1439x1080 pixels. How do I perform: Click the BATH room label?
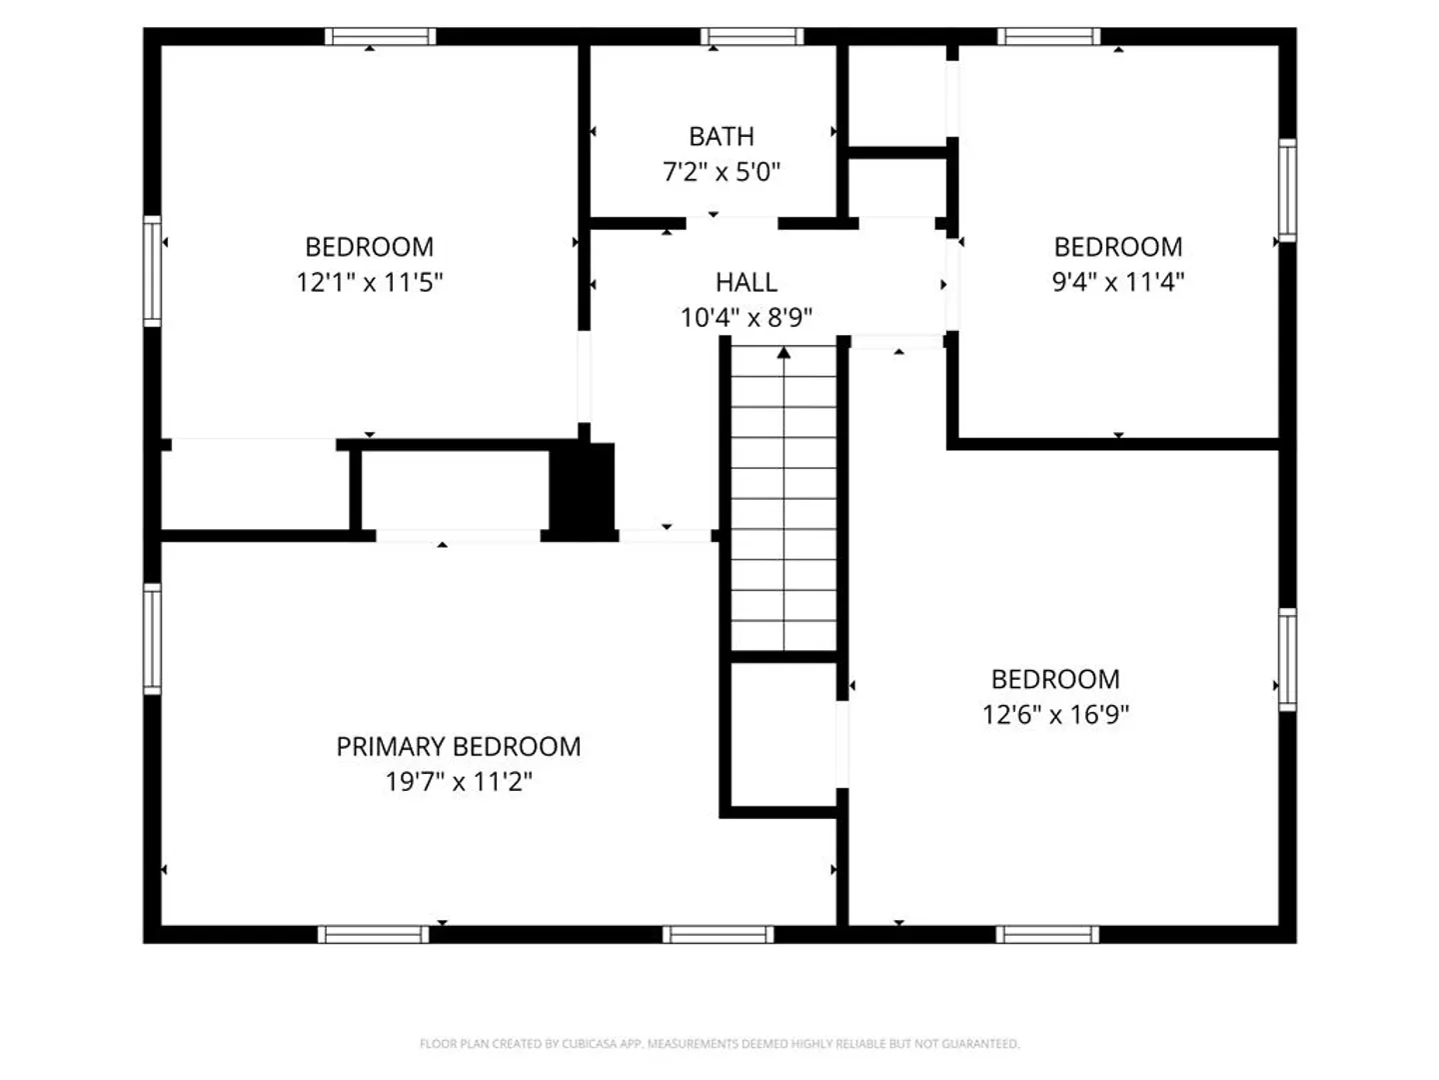pyautogui.click(x=721, y=136)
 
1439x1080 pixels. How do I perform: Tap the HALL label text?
pyautogui.click(x=746, y=283)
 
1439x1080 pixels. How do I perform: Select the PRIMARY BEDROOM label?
pyautogui.click(x=459, y=746)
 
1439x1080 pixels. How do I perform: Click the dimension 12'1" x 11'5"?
pyautogui.click(x=370, y=283)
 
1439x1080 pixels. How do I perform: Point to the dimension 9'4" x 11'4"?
pyautogui.click(x=1118, y=282)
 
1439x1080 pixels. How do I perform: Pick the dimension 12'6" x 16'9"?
pyautogui.click(x=1055, y=714)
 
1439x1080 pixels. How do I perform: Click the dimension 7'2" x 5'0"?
pyautogui.click(x=721, y=172)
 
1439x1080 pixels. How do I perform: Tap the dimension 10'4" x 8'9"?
pyautogui.click(x=746, y=318)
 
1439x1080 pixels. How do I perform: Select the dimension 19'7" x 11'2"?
pyautogui.click(x=459, y=782)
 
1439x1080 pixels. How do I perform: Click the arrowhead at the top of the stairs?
pyautogui.click(x=783, y=353)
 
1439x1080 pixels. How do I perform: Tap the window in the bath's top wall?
pyautogui.click(x=751, y=36)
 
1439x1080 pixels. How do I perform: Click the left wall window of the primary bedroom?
pyautogui.click(x=152, y=639)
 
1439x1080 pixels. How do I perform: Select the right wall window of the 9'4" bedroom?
pyautogui.click(x=1287, y=190)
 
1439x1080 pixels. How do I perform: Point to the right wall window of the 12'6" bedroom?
pyautogui.click(x=1287, y=660)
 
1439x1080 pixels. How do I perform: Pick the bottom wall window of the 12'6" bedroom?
pyautogui.click(x=1047, y=934)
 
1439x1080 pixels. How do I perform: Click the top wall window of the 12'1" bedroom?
pyautogui.click(x=381, y=36)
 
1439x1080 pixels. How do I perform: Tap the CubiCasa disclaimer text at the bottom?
pyautogui.click(x=719, y=1043)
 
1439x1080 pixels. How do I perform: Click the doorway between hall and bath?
pyautogui.click(x=731, y=223)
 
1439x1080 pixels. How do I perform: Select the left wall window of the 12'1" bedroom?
pyautogui.click(x=152, y=271)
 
